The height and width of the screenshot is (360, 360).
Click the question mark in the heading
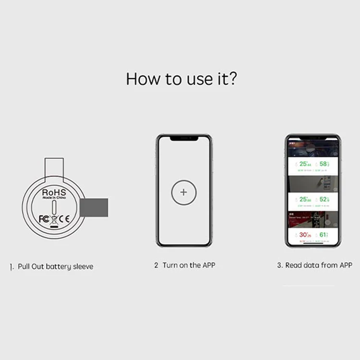(x=231, y=78)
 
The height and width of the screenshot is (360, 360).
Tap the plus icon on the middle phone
(x=183, y=192)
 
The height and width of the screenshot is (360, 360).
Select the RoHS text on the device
(x=54, y=191)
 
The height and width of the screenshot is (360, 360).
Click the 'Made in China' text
(x=54, y=197)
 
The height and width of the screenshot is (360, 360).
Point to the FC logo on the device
(x=44, y=219)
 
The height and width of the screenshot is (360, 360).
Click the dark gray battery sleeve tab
(x=94, y=207)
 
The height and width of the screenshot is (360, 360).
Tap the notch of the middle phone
(x=183, y=138)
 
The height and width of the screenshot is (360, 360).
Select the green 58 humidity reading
(x=324, y=164)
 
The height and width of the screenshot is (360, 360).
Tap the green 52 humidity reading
(x=324, y=199)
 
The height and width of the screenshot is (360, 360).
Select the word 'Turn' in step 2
(x=170, y=265)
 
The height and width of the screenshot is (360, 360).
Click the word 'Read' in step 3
(x=294, y=265)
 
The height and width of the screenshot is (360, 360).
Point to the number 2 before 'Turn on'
(x=156, y=265)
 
